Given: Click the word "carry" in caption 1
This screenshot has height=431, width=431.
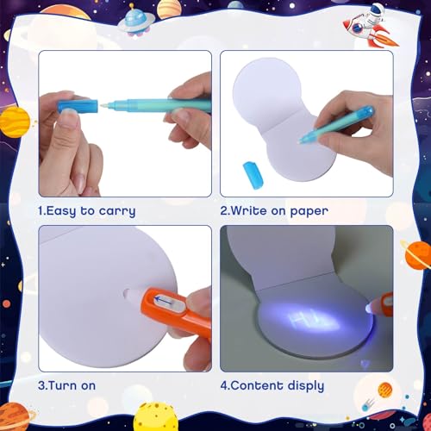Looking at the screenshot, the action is (x=117, y=211).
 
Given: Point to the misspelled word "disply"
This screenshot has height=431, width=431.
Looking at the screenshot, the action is (x=306, y=386).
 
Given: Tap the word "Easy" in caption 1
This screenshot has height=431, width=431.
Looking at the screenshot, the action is (x=61, y=211).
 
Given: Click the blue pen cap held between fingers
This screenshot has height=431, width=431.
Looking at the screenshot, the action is (x=78, y=106).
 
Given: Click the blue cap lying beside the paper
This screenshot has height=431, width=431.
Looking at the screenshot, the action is (x=253, y=175).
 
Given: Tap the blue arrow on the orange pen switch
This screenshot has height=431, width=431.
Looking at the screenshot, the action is (x=165, y=300).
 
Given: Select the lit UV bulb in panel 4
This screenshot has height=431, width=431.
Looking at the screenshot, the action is (x=369, y=309).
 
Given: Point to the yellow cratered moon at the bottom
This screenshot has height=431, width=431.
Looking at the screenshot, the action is (x=156, y=416).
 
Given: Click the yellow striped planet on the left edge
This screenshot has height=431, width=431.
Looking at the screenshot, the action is (x=15, y=122).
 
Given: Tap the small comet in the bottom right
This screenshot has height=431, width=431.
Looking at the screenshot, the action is (x=368, y=404).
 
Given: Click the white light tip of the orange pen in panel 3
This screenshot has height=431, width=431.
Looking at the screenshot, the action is (x=131, y=294).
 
